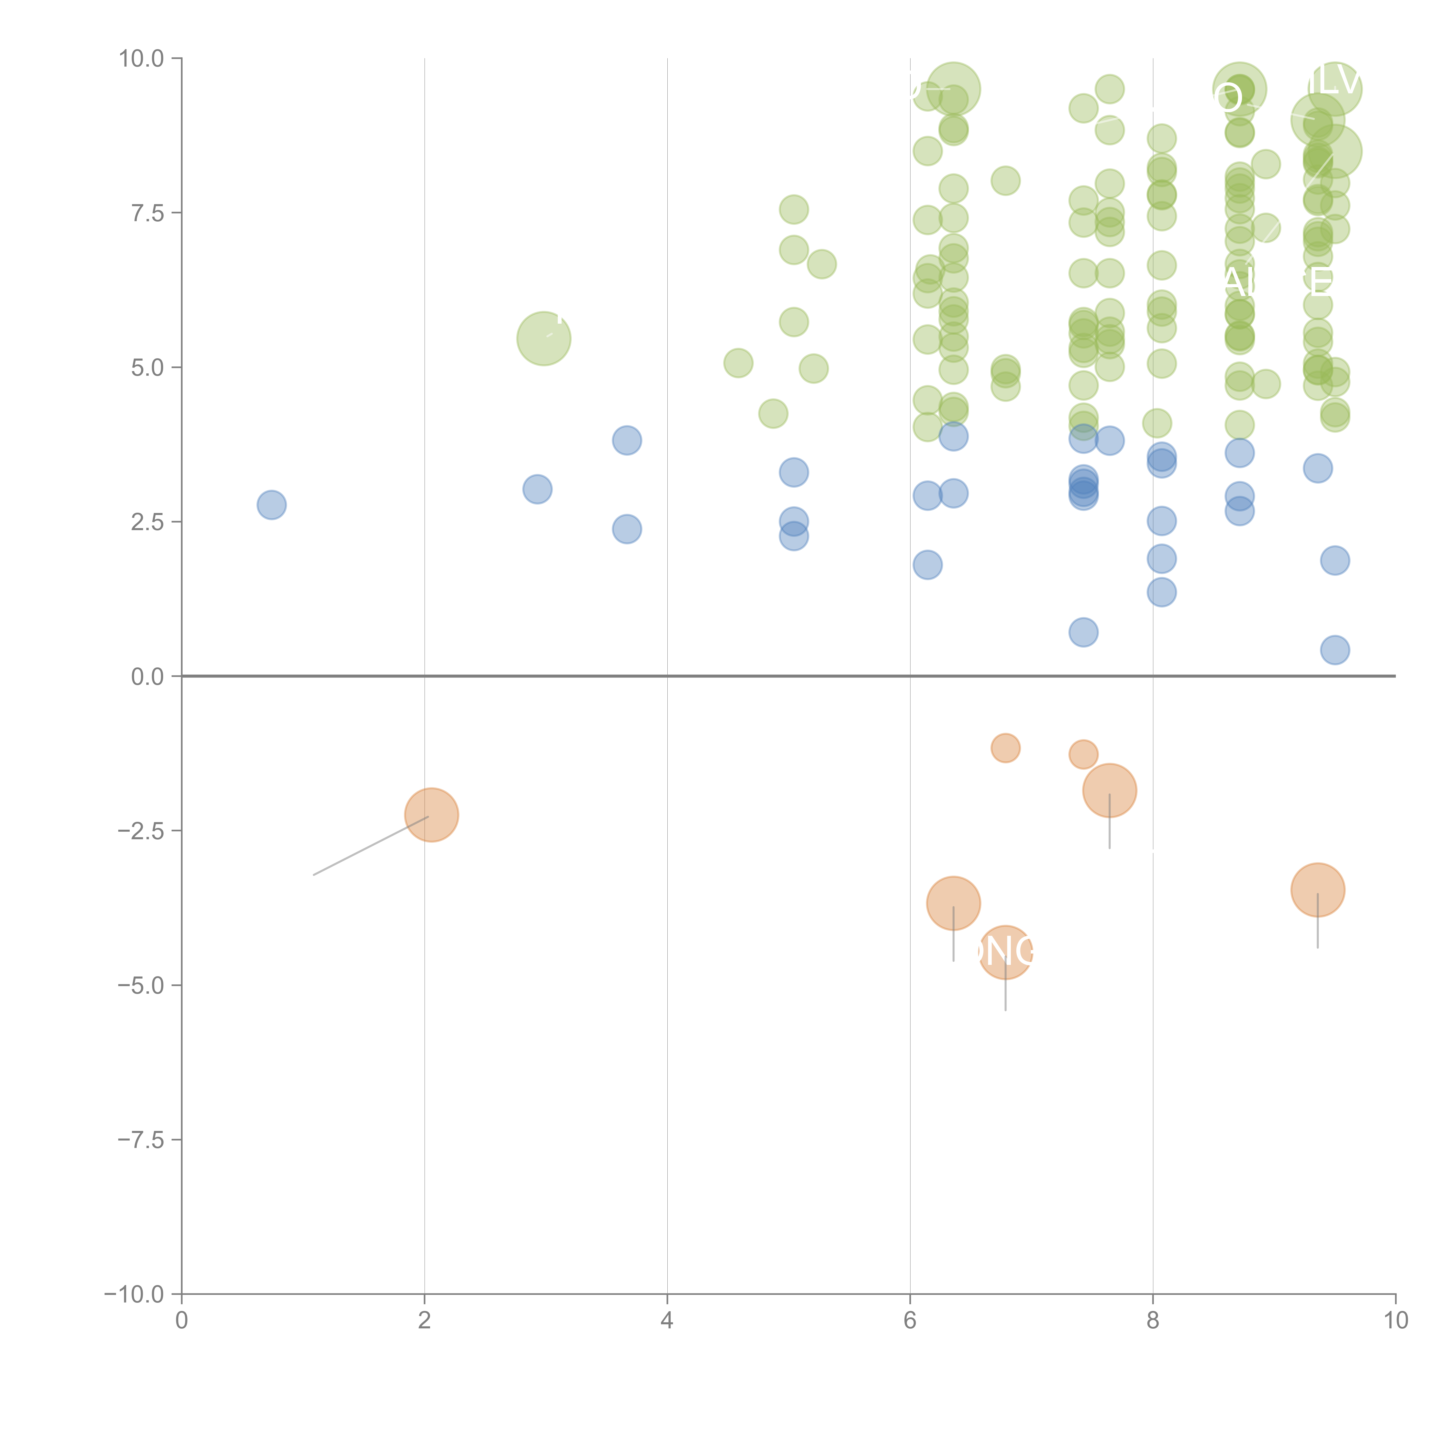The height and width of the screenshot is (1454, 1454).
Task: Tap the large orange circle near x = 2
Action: [x=431, y=815]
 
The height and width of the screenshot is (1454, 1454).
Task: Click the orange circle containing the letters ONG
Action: [x=1006, y=952]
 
